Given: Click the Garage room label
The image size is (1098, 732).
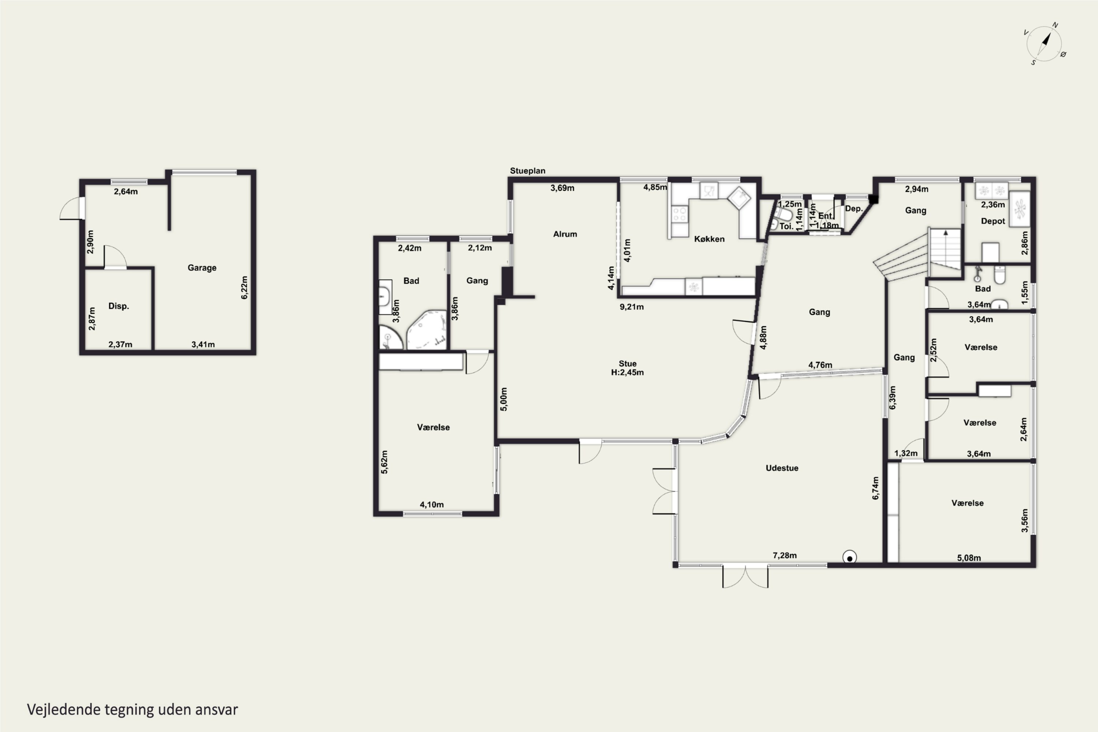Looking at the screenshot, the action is (x=202, y=268).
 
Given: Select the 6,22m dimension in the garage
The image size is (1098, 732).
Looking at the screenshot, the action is (x=244, y=288).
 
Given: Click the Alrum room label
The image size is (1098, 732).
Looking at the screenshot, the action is (x=565, y=234).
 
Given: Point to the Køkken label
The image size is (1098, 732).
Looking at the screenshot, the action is (x=709, y=239).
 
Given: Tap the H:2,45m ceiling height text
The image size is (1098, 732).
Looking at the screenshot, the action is (x=627, y=373).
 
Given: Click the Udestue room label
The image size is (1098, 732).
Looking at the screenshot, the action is (x=782, y=468).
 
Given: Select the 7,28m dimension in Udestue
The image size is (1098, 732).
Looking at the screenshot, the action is (x=785, y=556).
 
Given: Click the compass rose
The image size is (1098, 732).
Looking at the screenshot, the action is (x=1044, y=44).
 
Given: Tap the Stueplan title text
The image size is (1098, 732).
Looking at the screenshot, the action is (x=527, y=171).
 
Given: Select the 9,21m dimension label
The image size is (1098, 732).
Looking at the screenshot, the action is (x=632, y=307).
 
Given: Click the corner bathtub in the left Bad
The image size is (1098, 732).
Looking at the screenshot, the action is (x=427, y=330).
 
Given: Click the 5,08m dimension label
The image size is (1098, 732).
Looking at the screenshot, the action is (x=969, y=558).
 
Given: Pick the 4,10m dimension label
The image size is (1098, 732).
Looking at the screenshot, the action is (x=432, y=505).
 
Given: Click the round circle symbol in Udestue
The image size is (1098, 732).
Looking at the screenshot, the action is (x=849, y=558).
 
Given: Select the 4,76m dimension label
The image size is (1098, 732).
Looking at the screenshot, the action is (x=820, y=365).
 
